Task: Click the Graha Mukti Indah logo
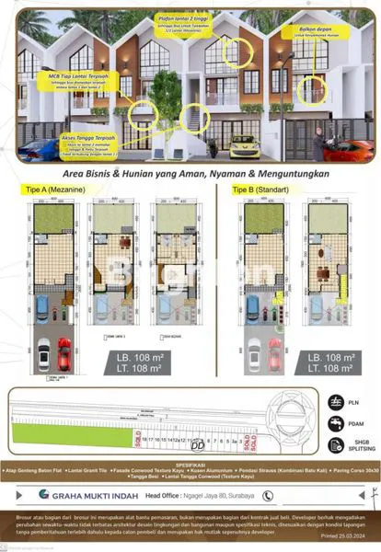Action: click(82, 492)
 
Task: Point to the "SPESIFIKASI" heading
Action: click(190, 465)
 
